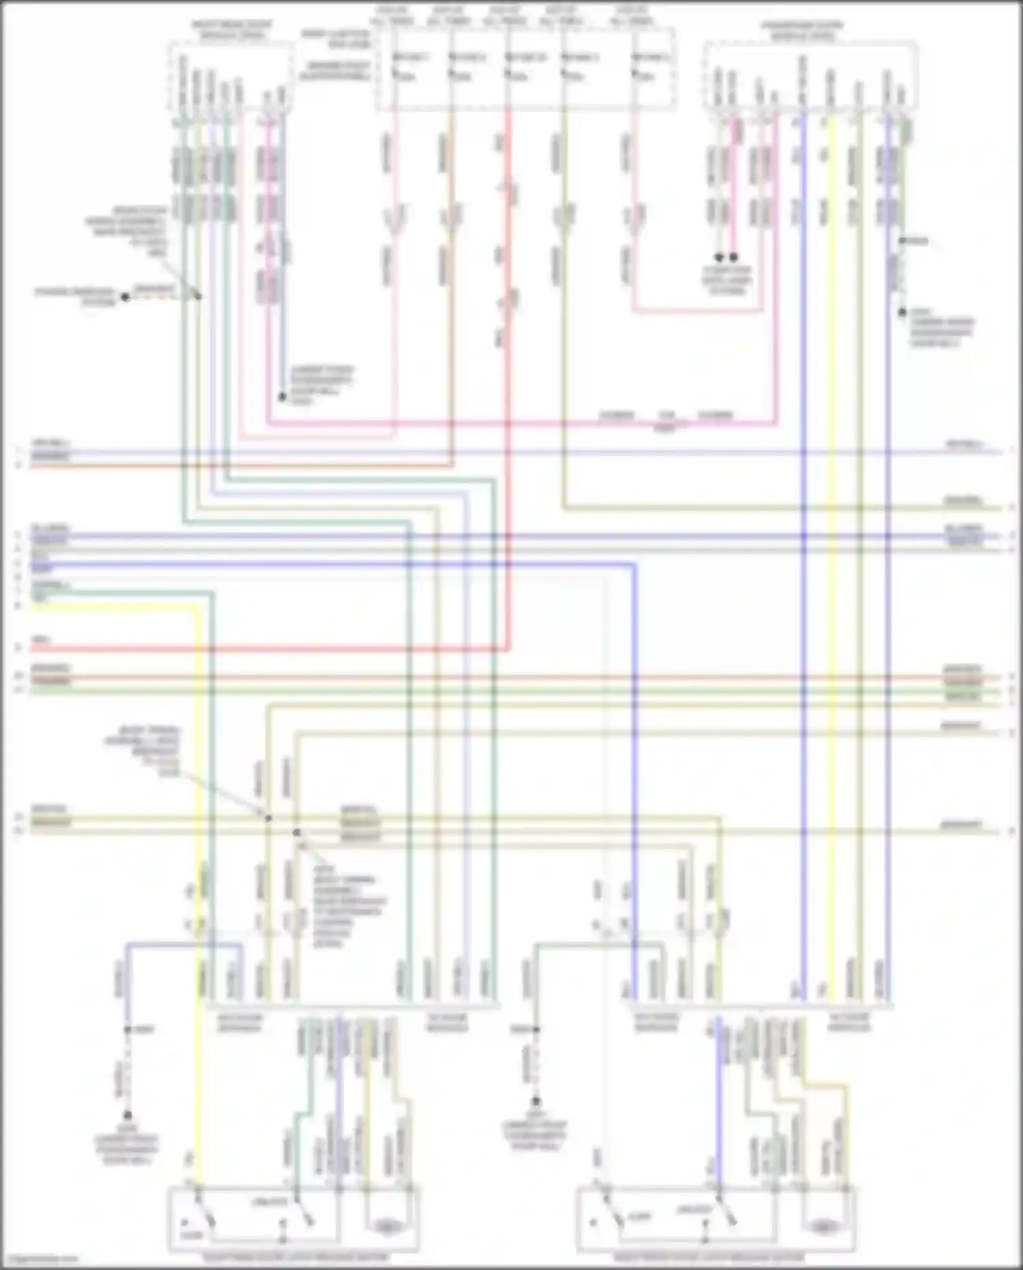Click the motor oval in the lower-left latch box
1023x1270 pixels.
tap(387, 1226)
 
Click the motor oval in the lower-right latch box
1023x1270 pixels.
tap(824, 1226)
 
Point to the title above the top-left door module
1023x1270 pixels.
tap(231, 29)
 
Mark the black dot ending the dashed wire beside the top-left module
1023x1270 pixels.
tap(125, 297)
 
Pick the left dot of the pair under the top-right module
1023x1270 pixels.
tap(719, 257)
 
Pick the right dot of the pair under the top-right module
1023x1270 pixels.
tap(734, 257)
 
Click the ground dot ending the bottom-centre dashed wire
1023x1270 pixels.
tap(536, 1100)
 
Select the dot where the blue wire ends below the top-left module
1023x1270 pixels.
tap(282, 396)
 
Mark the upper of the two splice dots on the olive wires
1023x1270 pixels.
tap(268, 818)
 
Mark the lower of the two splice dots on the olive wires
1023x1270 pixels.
tap(297, 833)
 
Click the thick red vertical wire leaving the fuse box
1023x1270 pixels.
tap(508, 478)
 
